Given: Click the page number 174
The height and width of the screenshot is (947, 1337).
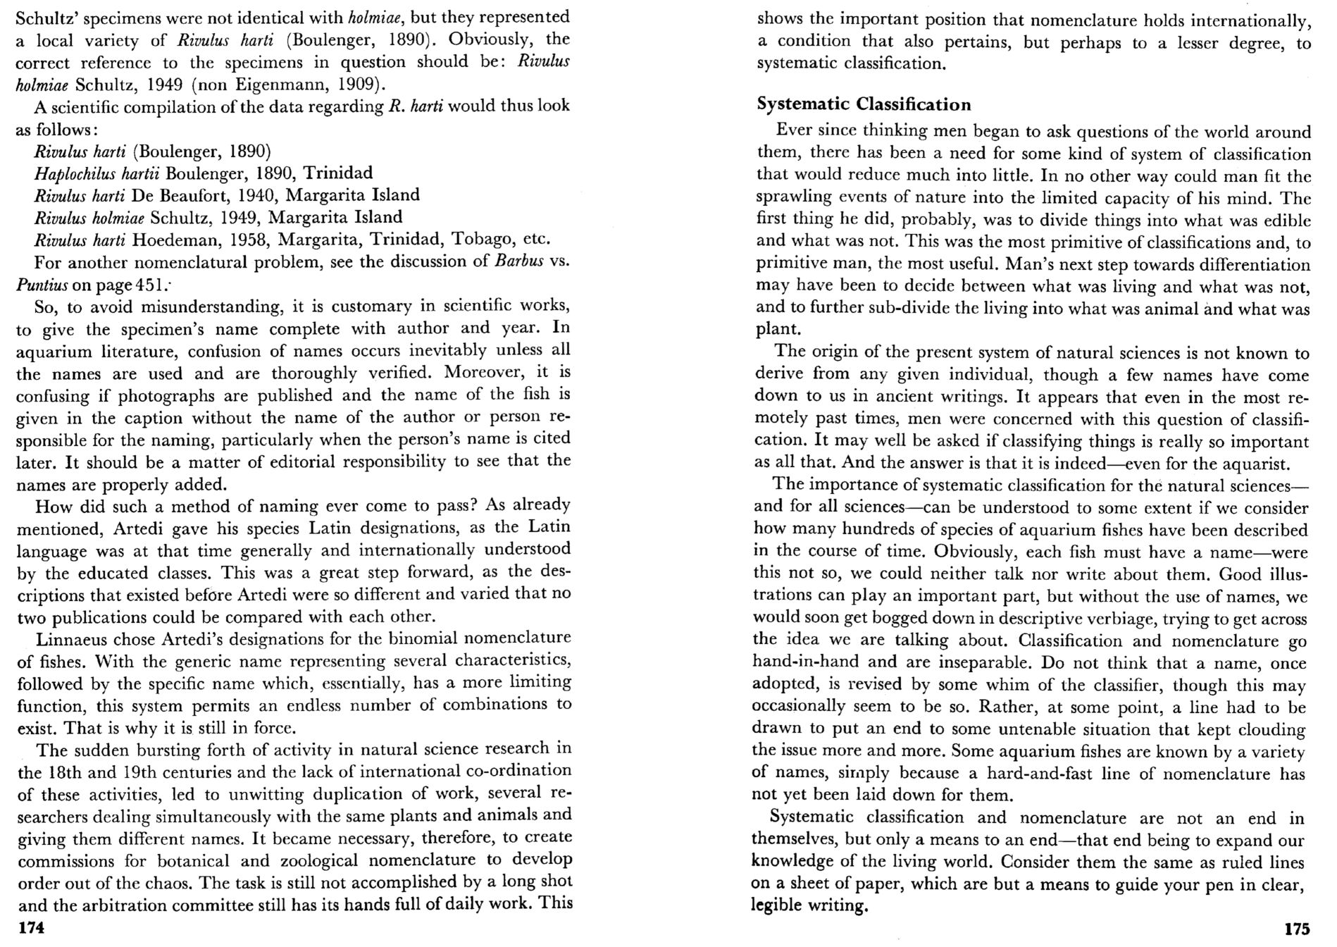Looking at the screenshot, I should (31, 928).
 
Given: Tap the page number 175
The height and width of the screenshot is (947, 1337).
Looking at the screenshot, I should (1296, 929).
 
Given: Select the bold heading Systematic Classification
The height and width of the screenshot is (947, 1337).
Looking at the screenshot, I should (864, 104).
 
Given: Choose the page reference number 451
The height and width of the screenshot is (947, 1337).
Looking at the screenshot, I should (150, 285).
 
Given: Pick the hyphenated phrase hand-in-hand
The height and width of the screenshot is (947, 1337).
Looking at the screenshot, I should (795, 662).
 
